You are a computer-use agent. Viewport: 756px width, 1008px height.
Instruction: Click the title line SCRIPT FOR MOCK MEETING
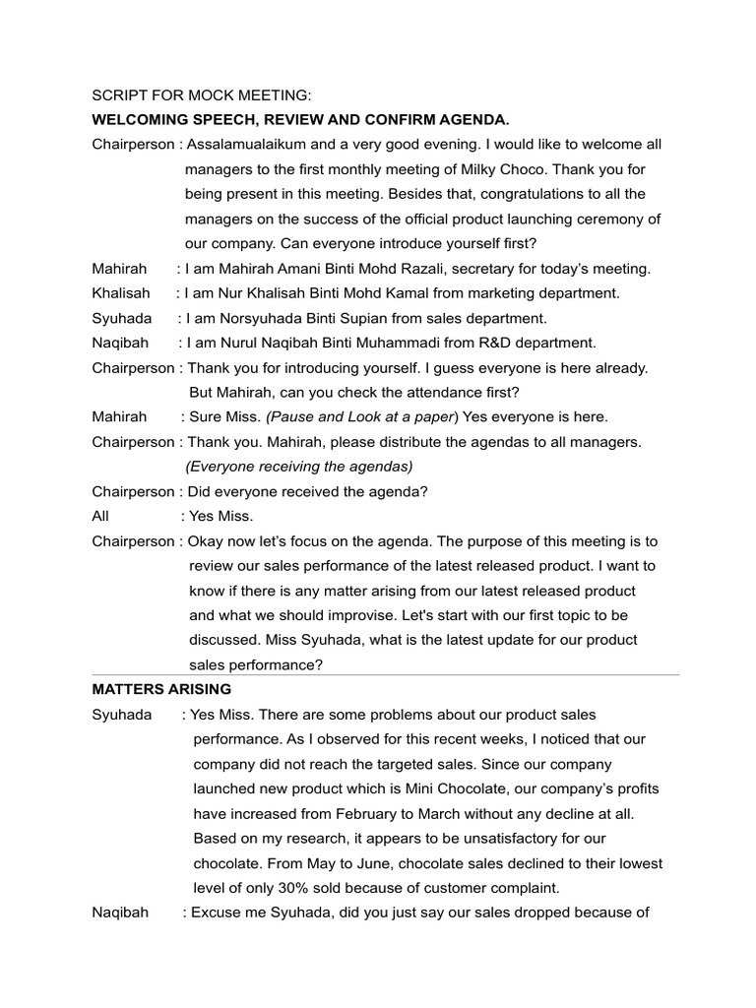point(201,95)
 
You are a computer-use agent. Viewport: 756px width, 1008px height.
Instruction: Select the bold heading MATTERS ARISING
point(161,689)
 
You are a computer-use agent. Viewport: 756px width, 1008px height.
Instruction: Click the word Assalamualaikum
point(250,145)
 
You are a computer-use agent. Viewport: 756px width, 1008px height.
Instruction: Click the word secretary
point(530,269)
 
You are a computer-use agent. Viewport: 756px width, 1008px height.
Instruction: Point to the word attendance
point(426,392)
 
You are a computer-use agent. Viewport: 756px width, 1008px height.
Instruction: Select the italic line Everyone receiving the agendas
point(299,467)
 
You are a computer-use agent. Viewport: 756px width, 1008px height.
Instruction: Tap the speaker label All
point(100,516)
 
